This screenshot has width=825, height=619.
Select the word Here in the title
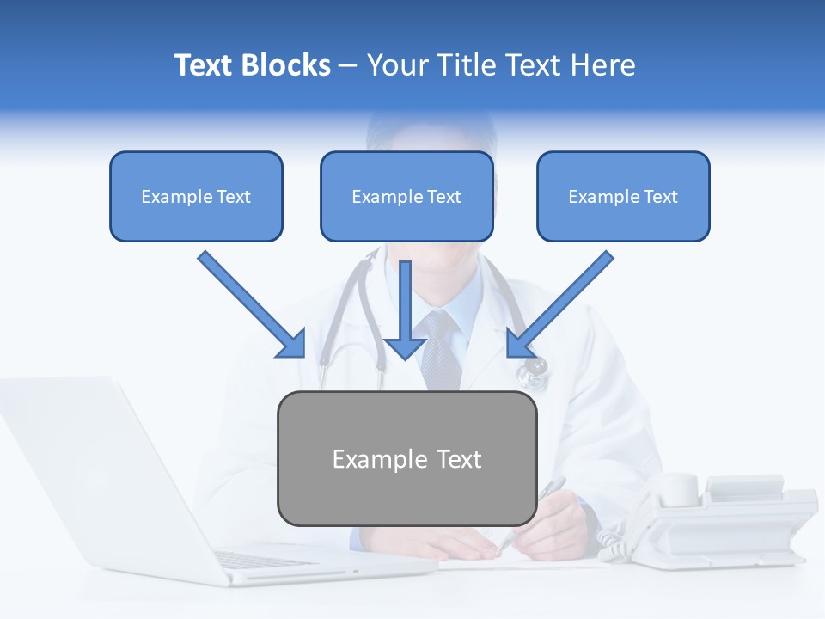602,65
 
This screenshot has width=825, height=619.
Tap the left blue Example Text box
196,197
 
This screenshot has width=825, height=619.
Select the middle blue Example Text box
406,197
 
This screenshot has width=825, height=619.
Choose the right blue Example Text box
623,197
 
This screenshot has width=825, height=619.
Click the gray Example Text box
406,458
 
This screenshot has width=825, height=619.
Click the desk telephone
730,516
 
